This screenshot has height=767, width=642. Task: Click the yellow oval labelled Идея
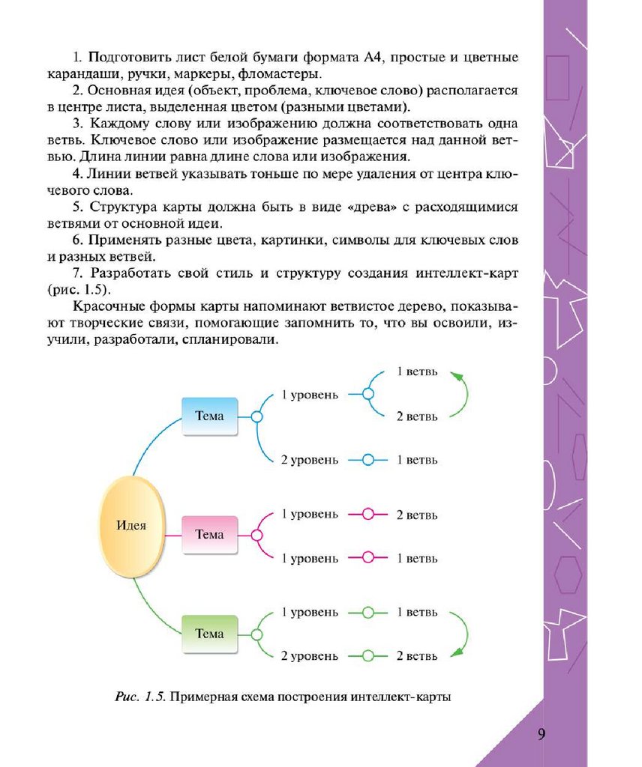click(x=131, y=525)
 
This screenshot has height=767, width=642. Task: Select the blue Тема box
click(x=209, y=416)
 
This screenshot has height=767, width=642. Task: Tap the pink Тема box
click(x=209, y=535)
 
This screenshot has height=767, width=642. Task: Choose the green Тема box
click(x=209, y=634)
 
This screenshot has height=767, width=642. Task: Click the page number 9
click(x=541, y=733)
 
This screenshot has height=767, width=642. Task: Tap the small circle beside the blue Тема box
click(x=256, y=416)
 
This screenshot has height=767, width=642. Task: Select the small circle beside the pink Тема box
click(x=256, y=536)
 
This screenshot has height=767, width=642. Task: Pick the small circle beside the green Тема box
click(x=256, y=634)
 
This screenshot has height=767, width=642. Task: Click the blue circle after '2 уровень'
click(x=367, y=460)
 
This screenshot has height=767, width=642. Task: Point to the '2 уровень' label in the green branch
click(x=309, y=656)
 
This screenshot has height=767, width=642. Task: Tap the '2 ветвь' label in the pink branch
click(x=417, y=515)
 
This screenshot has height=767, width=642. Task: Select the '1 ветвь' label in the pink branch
click(x=417, y=558)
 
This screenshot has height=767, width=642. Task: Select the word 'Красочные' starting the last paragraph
click(x=103, y=308)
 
